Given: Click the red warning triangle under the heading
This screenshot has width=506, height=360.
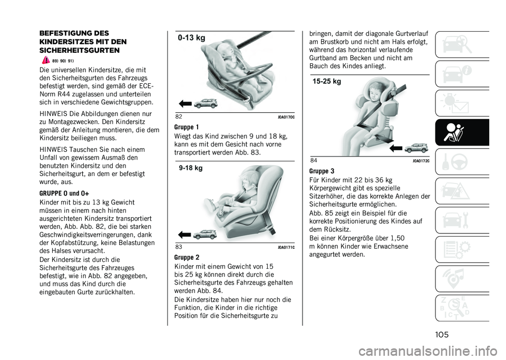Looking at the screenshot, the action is pos(46,60).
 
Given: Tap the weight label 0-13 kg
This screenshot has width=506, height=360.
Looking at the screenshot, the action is pos(191,38).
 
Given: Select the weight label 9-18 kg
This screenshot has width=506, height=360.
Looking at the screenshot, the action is pos(191,168).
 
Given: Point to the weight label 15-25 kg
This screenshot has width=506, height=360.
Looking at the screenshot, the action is pos(327,81).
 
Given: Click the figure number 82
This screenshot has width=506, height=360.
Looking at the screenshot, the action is pos(179,117).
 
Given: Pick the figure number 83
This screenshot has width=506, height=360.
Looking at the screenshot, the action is pos(179,247).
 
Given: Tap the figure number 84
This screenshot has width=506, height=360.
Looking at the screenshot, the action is pos(314,160).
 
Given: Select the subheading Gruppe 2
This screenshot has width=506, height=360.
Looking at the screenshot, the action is pos(187,257).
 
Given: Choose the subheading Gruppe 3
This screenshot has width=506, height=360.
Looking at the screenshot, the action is pos(322,171).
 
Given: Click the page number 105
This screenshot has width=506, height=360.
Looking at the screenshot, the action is pos(442,335).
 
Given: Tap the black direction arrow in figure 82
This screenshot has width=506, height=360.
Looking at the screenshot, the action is pos(185,104).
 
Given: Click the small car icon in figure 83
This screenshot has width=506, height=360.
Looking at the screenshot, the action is pos(205,234).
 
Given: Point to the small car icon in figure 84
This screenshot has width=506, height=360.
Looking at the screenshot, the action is pos(416,148).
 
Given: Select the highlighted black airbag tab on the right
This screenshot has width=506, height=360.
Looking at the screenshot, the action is pos(462,133).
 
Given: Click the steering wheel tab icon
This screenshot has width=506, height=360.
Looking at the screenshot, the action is pos(460,162).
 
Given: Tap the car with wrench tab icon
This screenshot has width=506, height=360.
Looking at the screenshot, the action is pos(455,220).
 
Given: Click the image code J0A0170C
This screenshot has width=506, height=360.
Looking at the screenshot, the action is pos(286,117).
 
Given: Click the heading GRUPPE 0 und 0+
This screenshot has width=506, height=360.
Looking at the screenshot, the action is pos(64,193).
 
